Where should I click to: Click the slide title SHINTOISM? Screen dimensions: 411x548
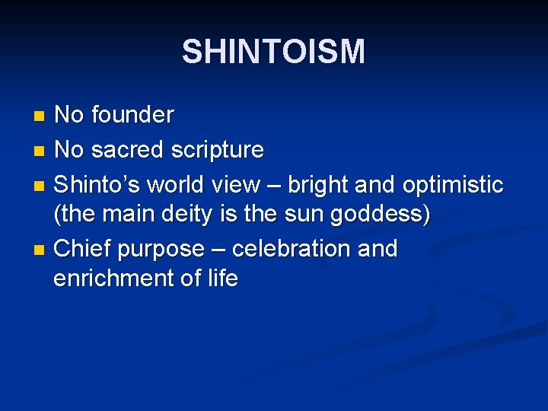[x=273, y=52]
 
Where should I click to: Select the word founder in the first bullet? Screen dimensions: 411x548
[x=132, y=115]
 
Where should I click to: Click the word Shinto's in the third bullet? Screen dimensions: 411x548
[x=97, y=185]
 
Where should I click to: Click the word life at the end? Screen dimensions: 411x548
[x=221, y=278]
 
